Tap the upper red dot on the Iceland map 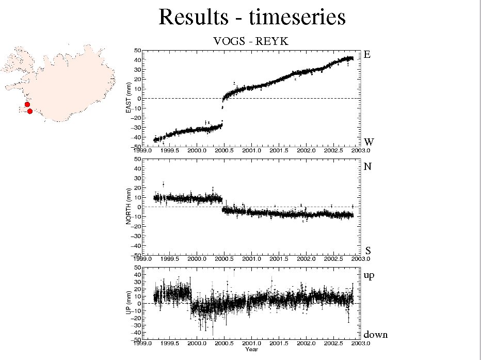(27, 104)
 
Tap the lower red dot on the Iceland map (30, 111)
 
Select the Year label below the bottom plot (251, 350)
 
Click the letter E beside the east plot (367, 54)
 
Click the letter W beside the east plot (368, 142)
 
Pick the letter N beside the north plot (367, 167)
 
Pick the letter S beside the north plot (368, 251)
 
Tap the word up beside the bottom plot (368, 276)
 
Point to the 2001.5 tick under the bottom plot (279, 343)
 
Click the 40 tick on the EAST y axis (138, 59)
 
